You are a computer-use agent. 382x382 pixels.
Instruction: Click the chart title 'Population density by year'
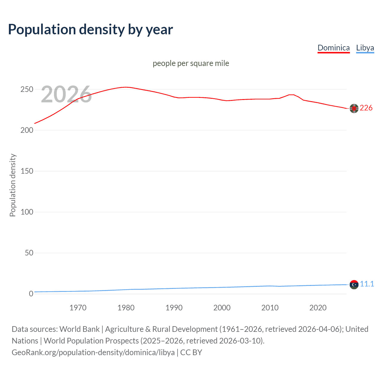[x=90, y=30]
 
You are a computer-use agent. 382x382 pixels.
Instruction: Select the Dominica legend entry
[x=333, y=48]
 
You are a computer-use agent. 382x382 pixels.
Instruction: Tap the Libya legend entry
[x=365, y=48]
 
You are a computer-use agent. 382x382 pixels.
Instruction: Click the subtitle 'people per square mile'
[x=191, y=63]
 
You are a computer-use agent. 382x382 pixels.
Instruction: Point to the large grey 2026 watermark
[x=66, y=94]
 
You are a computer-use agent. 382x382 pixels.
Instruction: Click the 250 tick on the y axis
[x=27, y=90]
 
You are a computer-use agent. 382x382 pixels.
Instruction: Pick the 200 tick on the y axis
[x=27, y=130]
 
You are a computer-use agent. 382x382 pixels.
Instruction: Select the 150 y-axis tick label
[x=27, y=171]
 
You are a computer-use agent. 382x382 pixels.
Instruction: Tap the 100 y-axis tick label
[x=27, y=212]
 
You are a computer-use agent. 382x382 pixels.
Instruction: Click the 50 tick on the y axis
[x=29, y=253]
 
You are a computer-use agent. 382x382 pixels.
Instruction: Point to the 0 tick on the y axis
[x=31, y=294]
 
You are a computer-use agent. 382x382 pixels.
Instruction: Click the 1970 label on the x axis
[x=78, y=308]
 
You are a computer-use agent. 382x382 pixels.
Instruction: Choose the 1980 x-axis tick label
[x=126, y=308]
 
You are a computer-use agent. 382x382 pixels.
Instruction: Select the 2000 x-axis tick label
[x=222, y=308]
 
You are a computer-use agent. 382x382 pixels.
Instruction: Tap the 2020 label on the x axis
[x=318, y=308]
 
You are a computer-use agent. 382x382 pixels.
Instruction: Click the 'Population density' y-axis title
[x=13, y=185]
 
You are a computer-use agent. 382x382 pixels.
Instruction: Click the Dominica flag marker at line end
[x=354, y=109]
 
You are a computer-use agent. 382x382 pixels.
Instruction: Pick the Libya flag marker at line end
[x=354, y=285]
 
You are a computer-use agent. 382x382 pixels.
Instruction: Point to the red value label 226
[x=366, y=108]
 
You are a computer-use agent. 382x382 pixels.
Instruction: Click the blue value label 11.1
[x=367, y=284]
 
